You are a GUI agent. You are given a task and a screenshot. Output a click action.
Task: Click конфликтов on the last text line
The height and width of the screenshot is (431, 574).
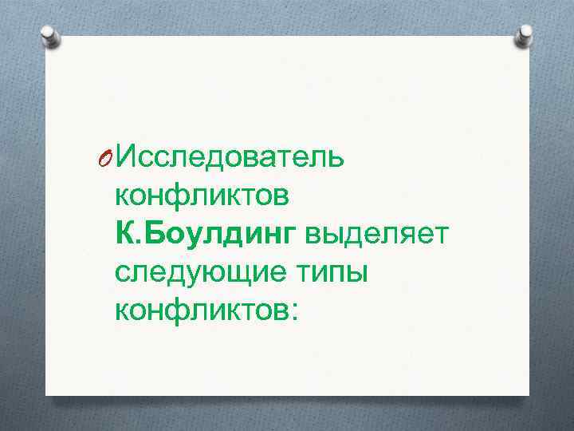tap(202, 307)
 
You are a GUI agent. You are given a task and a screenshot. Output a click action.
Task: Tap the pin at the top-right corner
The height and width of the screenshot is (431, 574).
tap(525, 34)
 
